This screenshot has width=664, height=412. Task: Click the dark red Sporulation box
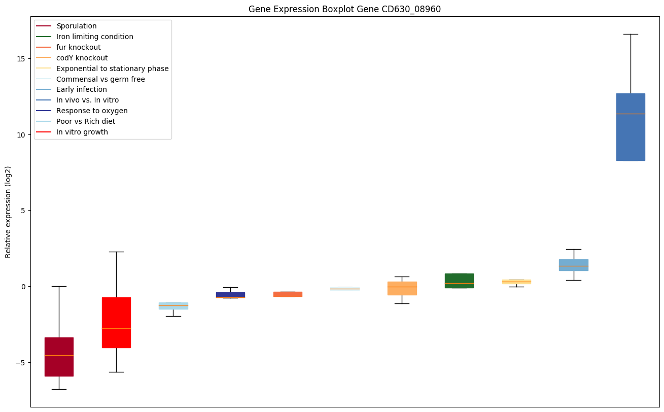click(x=59, y=357)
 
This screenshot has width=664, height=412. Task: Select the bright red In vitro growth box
click(x=116, y=323)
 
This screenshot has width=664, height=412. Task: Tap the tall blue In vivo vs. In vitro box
click(x=631, y=127)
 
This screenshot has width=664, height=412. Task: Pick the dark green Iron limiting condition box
click(x=459, y=281)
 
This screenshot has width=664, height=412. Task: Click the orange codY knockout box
click(x=402, y=288)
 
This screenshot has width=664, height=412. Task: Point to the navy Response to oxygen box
click(x=231, y=295)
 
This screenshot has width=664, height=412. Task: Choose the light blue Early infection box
click(x=574, y=265)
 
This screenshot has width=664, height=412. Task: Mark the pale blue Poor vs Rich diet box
click(x=173, y=306)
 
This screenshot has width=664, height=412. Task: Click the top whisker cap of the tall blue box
click(x=631, y=35)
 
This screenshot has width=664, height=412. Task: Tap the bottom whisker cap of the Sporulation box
click(x=59, y=389)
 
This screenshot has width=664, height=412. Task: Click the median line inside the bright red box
click(x=116, y=328)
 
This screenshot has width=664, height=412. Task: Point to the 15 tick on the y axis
click(x=29, y=59)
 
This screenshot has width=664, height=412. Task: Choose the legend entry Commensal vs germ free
click(x=90, y=79)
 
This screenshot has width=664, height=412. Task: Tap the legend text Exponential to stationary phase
click(x=112, y=68)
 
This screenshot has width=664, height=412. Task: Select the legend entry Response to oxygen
click(x=82, y=111)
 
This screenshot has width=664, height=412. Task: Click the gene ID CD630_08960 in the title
click(x=411, y=9)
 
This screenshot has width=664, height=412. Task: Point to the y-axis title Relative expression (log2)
click(x=8, y=212)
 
